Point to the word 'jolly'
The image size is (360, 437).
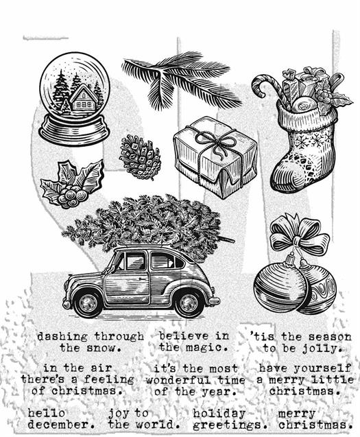click(x=322, y=348)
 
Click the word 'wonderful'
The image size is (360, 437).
click(x=178, y=379)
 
